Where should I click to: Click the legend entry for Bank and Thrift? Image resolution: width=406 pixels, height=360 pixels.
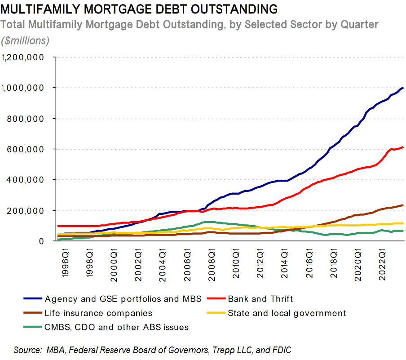pos(260,298)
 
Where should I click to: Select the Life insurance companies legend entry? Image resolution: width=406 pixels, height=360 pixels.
pos(98,313)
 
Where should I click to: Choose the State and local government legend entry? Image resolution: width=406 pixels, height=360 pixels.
pos(287,313)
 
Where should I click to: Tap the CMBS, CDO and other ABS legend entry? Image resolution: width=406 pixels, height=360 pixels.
pos(116,327)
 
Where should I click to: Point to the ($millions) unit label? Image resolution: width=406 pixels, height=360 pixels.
pos(25,41)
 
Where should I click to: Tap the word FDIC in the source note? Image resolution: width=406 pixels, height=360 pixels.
pos(288,350)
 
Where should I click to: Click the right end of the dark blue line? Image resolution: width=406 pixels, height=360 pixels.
pos(403,88)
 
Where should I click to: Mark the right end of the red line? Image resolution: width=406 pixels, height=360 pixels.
pos(403,147)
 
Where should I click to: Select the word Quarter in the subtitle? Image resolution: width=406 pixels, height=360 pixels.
pos(361,24)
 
